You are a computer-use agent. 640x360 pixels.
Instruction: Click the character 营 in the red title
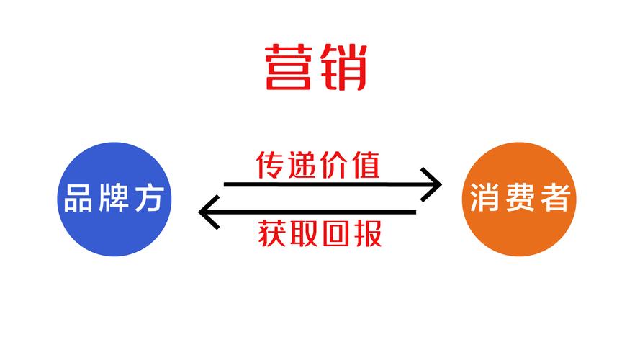point(289,67)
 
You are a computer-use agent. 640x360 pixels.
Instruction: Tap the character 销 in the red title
point(343,67)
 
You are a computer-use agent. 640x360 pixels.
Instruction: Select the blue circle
point(114,199)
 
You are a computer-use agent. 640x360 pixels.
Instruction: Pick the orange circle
point(519,199)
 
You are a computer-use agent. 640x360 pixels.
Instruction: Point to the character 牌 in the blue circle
point(114,198)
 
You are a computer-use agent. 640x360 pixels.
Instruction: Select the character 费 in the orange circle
point(520,197)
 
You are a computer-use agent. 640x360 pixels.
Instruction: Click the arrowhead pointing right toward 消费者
point(432,184)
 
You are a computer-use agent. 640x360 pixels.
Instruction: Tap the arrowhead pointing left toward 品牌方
point(209,212)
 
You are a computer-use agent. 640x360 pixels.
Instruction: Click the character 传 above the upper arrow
point(269,165)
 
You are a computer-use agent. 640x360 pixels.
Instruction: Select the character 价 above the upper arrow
point(334,165)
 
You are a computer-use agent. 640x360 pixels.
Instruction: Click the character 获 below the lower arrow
point(271,233)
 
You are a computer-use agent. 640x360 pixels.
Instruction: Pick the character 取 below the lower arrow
point(304,233)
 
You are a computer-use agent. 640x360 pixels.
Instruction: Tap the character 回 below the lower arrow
point(336,233)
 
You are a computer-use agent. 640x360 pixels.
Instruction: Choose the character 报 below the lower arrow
point(368,233)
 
